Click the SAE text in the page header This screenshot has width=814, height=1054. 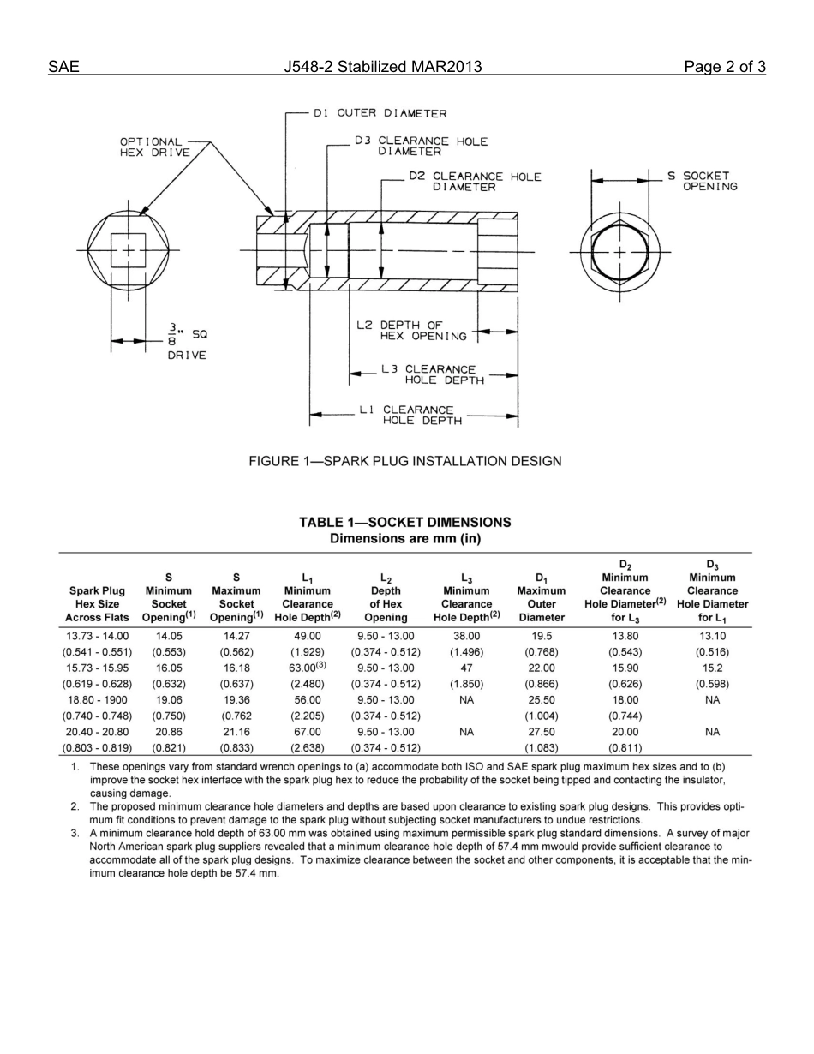(x=64, y=67)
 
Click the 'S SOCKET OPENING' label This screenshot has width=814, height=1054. (x=703, y=181)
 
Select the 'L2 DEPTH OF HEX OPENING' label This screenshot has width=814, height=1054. (x=412, y=331)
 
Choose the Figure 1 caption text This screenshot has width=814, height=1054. (x=405, y=461)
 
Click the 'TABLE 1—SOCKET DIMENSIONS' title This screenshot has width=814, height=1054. (x=405, y=522)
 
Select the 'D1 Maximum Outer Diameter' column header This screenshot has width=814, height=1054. (x=542, y=596)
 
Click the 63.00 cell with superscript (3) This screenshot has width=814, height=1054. (x=308, y=668)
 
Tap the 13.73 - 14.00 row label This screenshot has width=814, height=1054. (x=97, y=636)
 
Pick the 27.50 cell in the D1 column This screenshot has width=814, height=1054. (x=542, y=732)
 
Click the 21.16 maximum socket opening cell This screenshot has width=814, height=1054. (x=236, y=732)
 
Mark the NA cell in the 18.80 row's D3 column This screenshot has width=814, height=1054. (x=712, y=700)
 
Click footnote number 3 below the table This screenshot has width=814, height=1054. (x=75, y=833)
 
